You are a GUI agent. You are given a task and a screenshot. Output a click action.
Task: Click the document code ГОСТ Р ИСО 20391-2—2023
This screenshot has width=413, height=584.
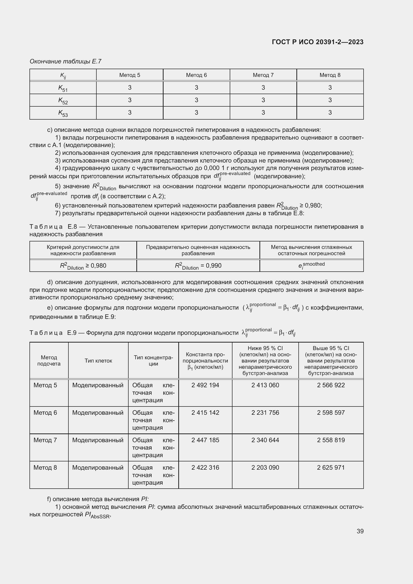click(x=317, y=42)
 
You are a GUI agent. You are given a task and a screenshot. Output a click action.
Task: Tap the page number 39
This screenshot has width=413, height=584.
click(x=360, y=531)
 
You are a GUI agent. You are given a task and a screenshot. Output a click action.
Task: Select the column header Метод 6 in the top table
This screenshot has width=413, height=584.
click(x=196, y=75)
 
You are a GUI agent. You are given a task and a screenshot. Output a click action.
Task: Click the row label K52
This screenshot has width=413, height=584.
click(x=63, y=100)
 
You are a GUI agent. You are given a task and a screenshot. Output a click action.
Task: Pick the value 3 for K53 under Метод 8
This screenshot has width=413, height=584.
click(x=330, y=113)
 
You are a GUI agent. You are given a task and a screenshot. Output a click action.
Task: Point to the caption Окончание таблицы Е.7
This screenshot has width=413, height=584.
click(x=65, y=61)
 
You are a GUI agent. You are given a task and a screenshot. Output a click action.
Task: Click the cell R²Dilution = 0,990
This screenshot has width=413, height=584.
click(x=198, y=266)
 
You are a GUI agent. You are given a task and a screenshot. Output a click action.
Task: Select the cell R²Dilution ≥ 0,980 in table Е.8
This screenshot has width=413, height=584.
click(x=83, y=266)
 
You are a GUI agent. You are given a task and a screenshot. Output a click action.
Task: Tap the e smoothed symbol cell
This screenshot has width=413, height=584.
click(x=311, y=265)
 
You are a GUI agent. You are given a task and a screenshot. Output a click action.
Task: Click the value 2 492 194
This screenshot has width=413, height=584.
click(x=205, y=385)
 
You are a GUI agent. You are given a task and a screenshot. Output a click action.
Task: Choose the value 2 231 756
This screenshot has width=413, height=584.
click(x=265, y=412)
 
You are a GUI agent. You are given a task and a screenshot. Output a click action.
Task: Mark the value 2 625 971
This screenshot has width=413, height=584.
click(x=331, y=467)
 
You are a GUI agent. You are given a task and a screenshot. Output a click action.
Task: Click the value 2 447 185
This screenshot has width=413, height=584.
click(x=205, y=440)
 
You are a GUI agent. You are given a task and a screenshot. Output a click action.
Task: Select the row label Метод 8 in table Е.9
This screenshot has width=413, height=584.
click(x=45, y=467)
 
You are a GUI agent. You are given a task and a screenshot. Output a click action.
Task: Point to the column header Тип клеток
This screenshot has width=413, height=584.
click(x=98, y=361)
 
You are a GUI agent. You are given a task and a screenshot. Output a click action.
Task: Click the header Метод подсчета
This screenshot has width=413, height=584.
click(x=49, y=361)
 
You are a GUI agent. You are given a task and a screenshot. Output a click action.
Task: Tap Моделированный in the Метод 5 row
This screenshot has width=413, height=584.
click(x=98, y=385)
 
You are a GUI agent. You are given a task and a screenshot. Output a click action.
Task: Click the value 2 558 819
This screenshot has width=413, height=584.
click(x=331, y=440)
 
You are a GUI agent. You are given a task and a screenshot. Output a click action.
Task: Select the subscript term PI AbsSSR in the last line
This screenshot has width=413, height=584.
click(x=97, y=515)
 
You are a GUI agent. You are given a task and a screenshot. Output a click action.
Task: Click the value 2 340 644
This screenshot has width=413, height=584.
click(x=265, y=440)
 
